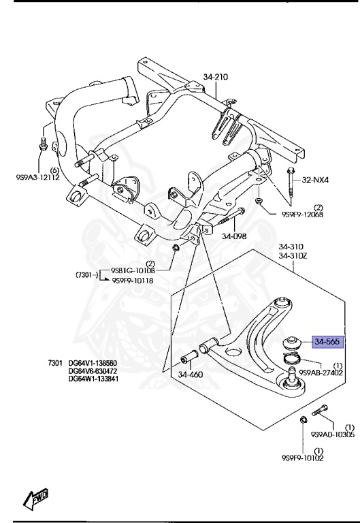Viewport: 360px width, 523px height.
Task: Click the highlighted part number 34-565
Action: tap(329, 342)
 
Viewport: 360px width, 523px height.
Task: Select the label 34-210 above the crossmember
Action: tap(216, 77)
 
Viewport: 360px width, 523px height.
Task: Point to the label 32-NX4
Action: tap(315, 180)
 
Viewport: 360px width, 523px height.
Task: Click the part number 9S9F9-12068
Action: tap(302, 215)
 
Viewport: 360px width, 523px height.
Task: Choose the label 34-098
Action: tap(233, 237)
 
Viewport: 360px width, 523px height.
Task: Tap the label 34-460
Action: tap(191, 374)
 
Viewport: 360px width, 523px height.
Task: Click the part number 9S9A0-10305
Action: tap(331, 434)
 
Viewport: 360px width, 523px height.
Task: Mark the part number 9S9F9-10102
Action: tap(304, 458)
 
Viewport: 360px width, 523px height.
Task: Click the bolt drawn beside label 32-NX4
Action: tap(291, 178)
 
